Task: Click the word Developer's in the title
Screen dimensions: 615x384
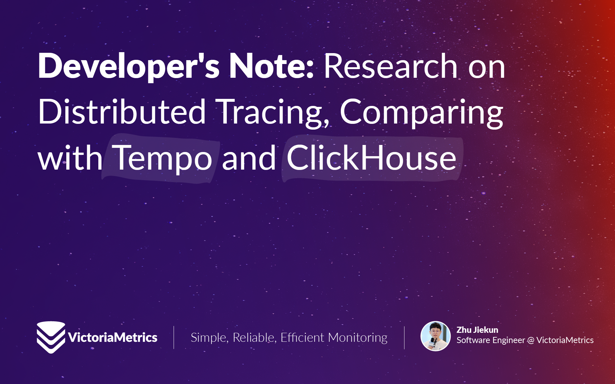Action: tap(129, 66)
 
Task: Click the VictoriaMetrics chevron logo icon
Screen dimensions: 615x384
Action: tap(51, 337)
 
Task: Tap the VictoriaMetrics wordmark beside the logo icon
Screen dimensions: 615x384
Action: tap(113, 338)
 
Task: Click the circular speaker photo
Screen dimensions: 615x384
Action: tap(435, 336)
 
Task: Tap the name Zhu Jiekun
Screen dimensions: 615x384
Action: tap(477, 330)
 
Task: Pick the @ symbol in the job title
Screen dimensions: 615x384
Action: tap(531, 340)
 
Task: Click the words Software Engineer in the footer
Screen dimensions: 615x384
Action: tap(491, 340)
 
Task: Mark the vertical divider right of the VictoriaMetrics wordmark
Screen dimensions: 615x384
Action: tap(174, 338)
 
